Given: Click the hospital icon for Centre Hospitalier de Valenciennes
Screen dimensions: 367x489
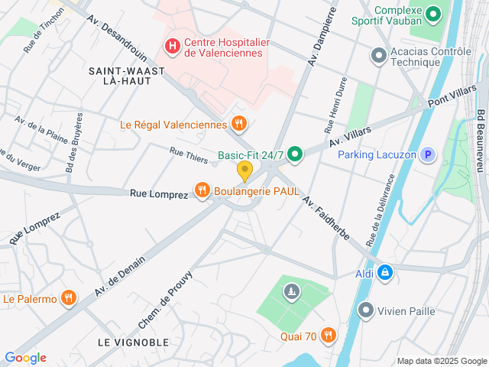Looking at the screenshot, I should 173,47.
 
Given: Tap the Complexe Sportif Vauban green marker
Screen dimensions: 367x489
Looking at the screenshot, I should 434,14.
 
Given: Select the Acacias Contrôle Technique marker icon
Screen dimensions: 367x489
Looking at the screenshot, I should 377,55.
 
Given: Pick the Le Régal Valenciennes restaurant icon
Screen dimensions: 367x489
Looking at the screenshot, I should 238,124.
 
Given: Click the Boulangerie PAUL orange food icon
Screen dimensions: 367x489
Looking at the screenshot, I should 202,191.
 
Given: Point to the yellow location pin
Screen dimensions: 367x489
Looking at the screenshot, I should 244,171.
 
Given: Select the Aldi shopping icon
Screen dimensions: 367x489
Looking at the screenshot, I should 385,272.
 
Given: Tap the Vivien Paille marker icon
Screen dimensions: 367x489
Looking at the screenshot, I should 367,310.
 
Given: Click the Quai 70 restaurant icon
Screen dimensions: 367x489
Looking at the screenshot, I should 328,334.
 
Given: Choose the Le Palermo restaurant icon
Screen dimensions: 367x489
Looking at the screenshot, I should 69,298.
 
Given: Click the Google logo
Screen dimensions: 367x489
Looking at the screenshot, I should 25,357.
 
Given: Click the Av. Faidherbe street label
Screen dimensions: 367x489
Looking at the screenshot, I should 326,220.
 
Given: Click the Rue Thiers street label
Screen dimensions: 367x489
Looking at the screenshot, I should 188,155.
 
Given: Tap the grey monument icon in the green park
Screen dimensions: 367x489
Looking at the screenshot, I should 291,291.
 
